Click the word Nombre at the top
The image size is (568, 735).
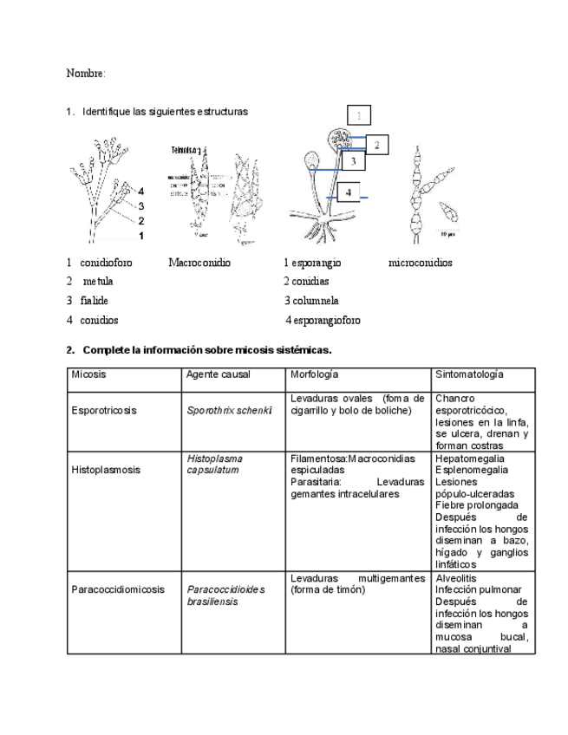coord(84,74)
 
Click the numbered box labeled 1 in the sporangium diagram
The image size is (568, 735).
coord(359,114)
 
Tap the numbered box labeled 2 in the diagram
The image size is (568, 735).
coord(377,145)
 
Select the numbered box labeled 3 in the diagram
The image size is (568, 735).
coord(353,160)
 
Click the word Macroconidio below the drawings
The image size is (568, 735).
coord(199,263)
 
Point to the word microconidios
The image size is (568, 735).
coord(420,263)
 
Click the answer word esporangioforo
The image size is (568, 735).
coord(327,321)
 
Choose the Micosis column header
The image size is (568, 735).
coord(88,374)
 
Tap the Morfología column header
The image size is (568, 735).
coord(314,374)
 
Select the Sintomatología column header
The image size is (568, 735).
coord(469,374)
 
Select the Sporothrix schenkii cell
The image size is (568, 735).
coord(229,410)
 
